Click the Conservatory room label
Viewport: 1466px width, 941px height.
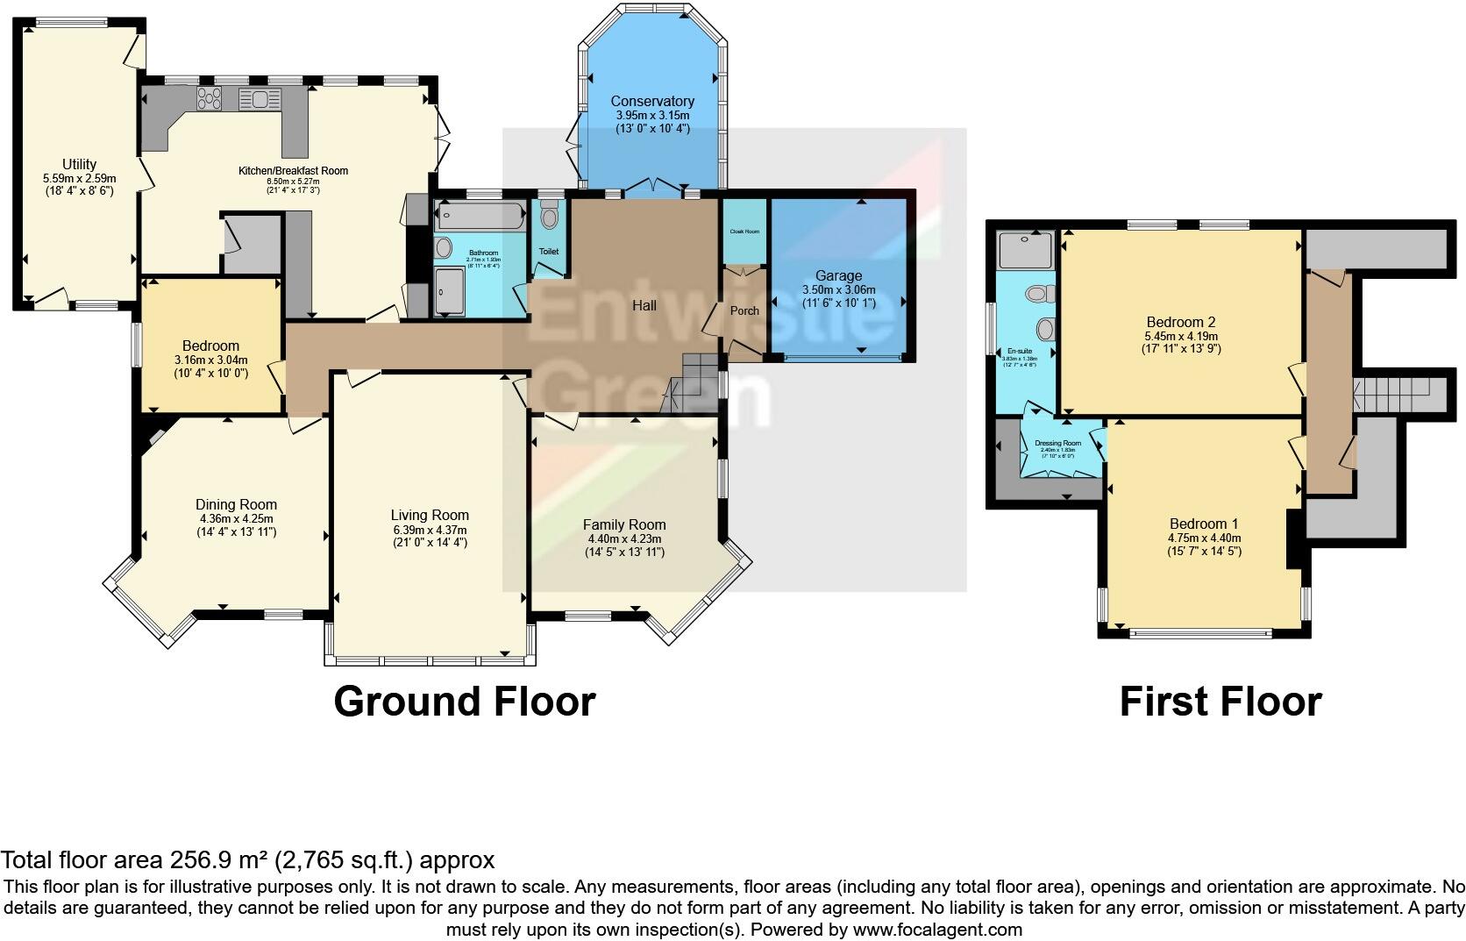coord(652,102)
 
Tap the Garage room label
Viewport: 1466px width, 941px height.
coord(838,276)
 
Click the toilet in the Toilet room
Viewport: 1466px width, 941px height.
coord(550,216)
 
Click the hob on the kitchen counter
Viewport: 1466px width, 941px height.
coord(210,98)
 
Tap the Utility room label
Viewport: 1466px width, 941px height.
coord(79,164)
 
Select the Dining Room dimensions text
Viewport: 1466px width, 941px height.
coord(236,524)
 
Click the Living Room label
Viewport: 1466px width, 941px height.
coord(430,516)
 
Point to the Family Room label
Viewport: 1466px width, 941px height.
coord(624,525)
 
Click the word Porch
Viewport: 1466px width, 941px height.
coord(744,310)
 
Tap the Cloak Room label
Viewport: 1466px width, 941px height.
coord(744,232)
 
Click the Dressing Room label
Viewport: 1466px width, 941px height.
coord(1058,443)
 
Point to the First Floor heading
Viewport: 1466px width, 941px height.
coord(1220,702)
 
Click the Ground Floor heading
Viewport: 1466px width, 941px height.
coord(465,702)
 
